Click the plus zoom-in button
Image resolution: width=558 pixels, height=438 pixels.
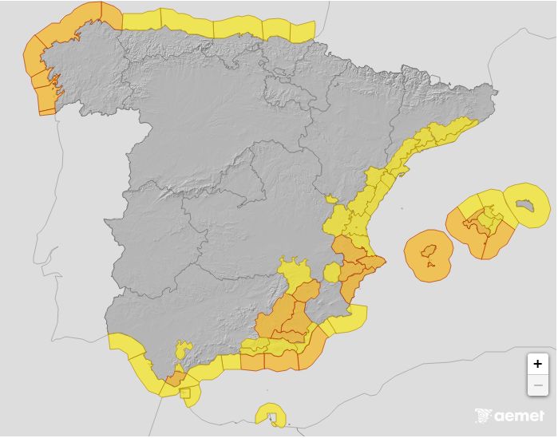click(x=537, y=364)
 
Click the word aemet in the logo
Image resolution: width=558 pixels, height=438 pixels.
click(x=519, y=416)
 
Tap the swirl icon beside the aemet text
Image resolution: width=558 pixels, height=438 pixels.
click(x=483, y=416)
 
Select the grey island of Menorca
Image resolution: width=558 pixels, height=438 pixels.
click(x=524, y=206)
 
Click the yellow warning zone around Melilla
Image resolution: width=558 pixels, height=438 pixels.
click(x=269, y=414)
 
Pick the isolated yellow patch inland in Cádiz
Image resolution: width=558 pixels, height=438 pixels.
click(x=184, y=349)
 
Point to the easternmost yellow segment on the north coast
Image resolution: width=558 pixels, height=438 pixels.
click(x=302, y=32)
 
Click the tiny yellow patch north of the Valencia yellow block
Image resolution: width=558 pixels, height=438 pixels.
click(x=331, y=199)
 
